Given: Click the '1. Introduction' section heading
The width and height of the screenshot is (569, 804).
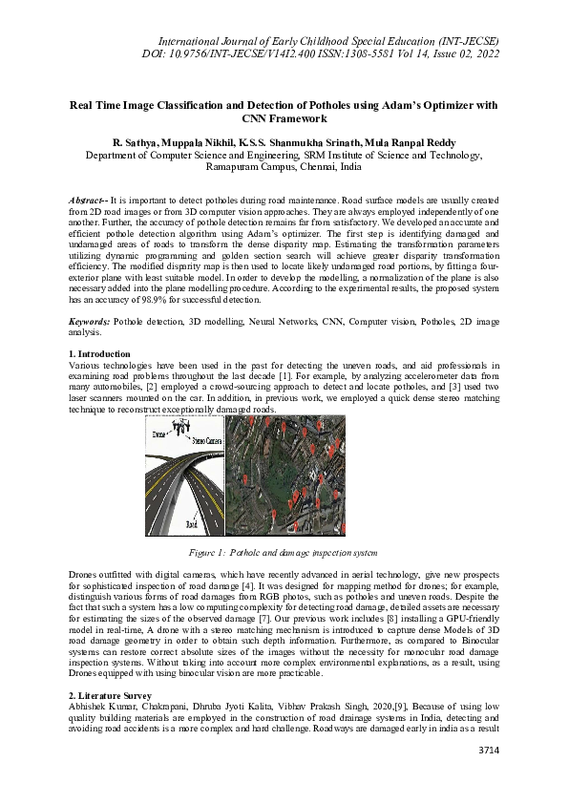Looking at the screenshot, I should click(x=104, y=380).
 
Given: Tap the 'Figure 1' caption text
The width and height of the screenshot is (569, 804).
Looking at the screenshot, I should click(x=284, y=553).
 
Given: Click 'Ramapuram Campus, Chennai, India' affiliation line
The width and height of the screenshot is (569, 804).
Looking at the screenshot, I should click(x=284, y=165).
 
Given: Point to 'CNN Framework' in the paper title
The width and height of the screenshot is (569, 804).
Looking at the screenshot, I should click(x=284, y=118).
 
